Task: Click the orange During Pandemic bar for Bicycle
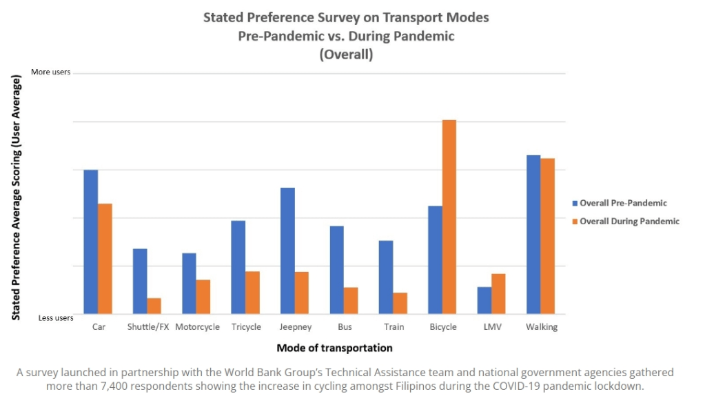click(x=449, y=217)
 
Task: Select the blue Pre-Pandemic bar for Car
click(x=91, y=242)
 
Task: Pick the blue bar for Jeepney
click(x=287, y=251)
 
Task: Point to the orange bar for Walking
click(x=548, y=236)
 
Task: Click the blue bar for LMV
click(x=484, y=300)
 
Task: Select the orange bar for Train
click(x=400, y=303)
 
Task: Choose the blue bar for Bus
click(x=336, y=270)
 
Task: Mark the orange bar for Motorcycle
click(x=203, y=297)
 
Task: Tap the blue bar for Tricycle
click(x=238, y=267)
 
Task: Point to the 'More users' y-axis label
click(x=51, y=72)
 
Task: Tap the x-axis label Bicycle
click(x=443, y=327)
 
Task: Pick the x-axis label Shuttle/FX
click(x=148, y=327)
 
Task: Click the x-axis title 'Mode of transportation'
click(x=334, y=348)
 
